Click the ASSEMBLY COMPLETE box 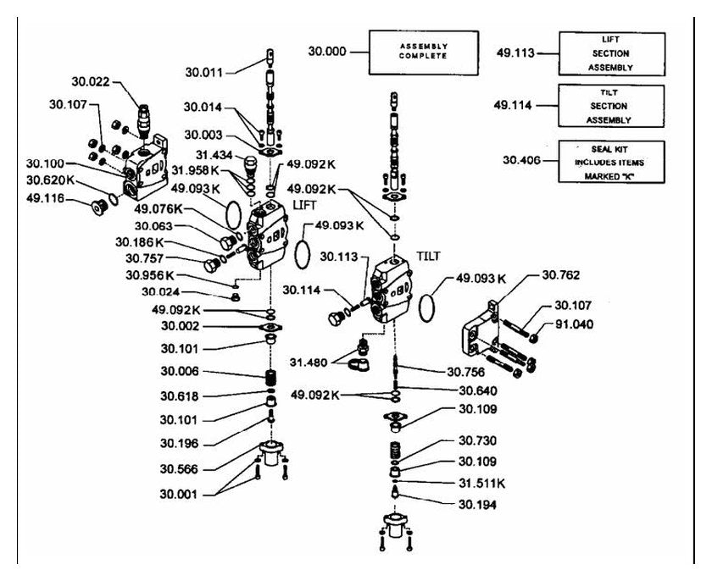click(x=423, y=53)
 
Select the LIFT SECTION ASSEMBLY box click(x=612, y=53)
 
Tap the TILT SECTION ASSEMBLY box click(x=611, y=106)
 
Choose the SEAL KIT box click(x=611, y=162)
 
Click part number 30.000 click(x=327, y=52)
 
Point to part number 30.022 click(x=91, y=81)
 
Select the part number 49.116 click(x=45, y=198)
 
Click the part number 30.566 click(x=179, y=469)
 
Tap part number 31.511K click(x=481, y=483)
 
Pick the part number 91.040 click(x=574, y=324)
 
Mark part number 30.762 click(x=561, y=275)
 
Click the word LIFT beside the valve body click(x=304, y=205)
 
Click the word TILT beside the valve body click(x=428, y=257)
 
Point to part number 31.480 click(x=309, y=362)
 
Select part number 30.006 click(x=180, y=371)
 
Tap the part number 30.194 click(x=477, y=505)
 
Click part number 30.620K click(x=50, y=180)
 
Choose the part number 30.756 click(x=466, y=372)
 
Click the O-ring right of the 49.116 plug click(x=114, y=200)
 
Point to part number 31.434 click(x=214, y=155)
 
